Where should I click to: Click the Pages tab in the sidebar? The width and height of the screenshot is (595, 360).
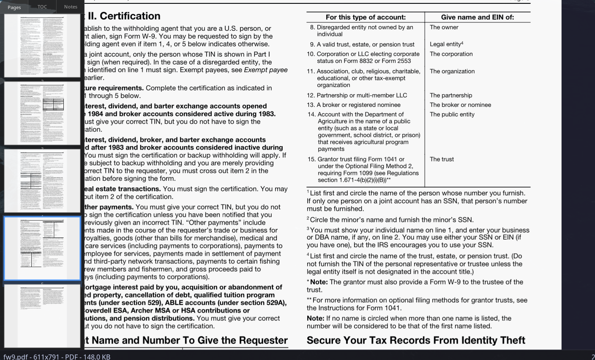click(14, 7)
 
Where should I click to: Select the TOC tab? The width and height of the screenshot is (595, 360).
click(42, 7)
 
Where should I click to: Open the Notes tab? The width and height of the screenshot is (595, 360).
click(71, 7)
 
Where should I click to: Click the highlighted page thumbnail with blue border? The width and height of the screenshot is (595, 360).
click(42, 248)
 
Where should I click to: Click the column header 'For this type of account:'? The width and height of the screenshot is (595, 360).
click(366, 17)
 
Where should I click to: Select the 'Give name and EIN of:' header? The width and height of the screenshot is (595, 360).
click(478, 17)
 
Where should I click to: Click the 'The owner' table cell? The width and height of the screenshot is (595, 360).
click(444, 27)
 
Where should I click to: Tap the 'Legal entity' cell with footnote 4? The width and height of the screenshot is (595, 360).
click(446, 44)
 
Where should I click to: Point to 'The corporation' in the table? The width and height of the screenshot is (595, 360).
click(451, 54)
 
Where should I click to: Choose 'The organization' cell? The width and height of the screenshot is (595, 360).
click(452, 71)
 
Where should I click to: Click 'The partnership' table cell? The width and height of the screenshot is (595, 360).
click(451, 95)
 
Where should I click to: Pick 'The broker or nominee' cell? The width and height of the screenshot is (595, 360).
click(460, 105)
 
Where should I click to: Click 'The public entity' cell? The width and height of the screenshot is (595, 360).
click(452, 115)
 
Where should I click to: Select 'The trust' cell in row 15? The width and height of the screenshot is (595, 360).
click(442, 159)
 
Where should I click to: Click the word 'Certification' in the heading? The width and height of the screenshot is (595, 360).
click(130, 16)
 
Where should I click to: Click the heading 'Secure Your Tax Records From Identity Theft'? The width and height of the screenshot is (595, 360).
click(416, 341)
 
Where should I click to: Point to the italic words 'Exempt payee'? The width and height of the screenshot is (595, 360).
click(266, 70)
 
